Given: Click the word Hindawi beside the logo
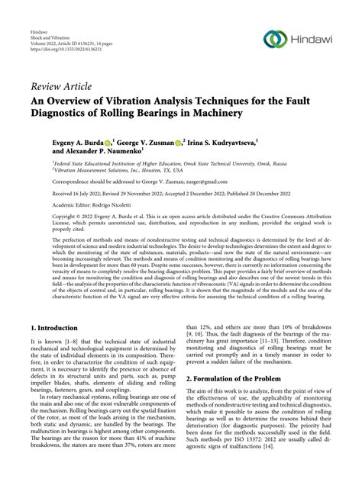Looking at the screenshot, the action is tap(312, 38).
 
